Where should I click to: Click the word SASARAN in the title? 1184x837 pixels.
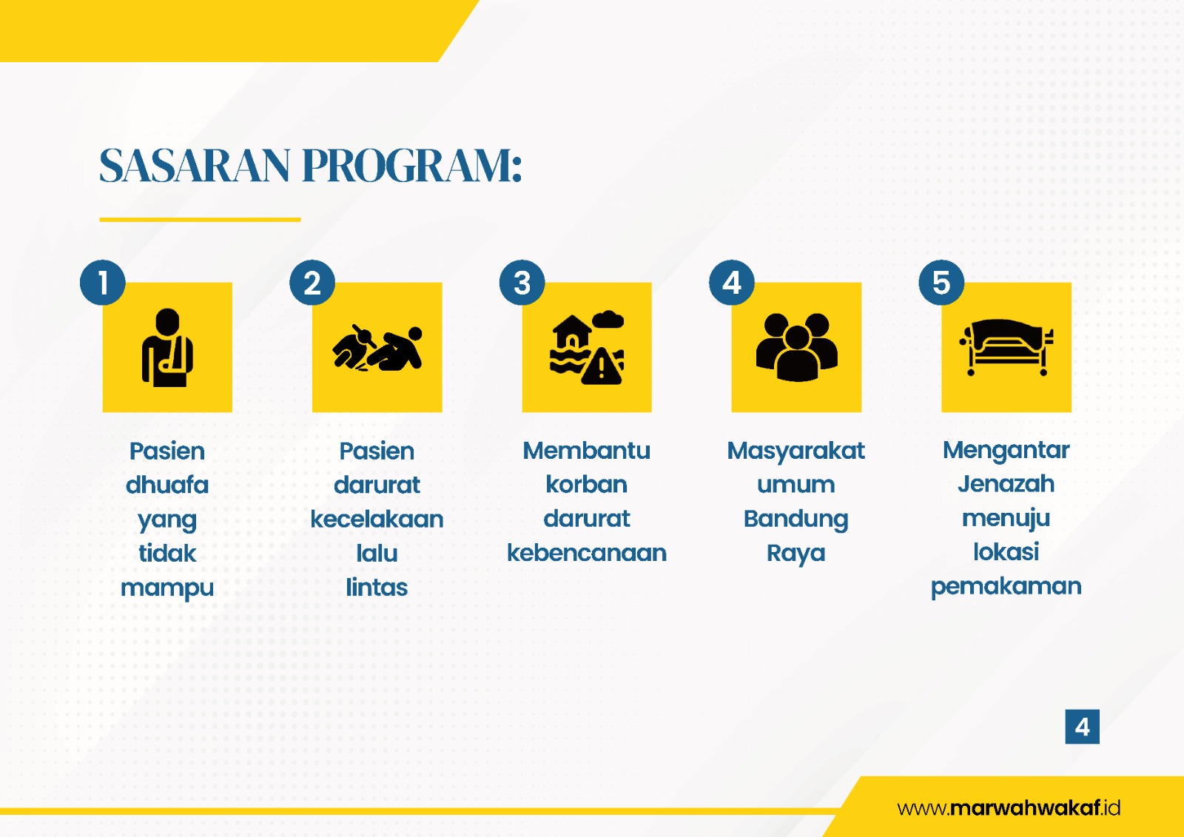(195, 166)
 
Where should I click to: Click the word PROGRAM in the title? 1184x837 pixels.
(408, 166)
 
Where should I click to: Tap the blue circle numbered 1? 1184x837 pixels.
(103, 283)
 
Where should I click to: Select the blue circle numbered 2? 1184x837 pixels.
(312, 283)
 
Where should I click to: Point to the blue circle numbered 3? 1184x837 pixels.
(522, 283)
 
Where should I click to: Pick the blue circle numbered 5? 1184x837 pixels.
(941, 283)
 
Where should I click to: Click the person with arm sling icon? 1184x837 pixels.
(167, 347)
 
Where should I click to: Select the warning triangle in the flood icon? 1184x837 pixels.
(602, 366)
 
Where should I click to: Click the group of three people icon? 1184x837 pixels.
(796, 347)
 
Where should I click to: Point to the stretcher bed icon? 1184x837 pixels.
(1006, 347)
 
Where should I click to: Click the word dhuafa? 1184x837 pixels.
(167, 485)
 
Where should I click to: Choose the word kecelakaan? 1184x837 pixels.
(377, 520)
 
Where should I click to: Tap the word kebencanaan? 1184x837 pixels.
(587, 553)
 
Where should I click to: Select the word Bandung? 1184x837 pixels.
(796, 520)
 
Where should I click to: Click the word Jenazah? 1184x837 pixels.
(1006, 484)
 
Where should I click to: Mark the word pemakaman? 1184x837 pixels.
(1006, 587)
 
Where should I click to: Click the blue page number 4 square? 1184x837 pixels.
(1083, 727)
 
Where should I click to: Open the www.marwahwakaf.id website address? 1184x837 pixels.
(1009, 807)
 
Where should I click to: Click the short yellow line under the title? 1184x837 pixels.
(200, 220)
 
